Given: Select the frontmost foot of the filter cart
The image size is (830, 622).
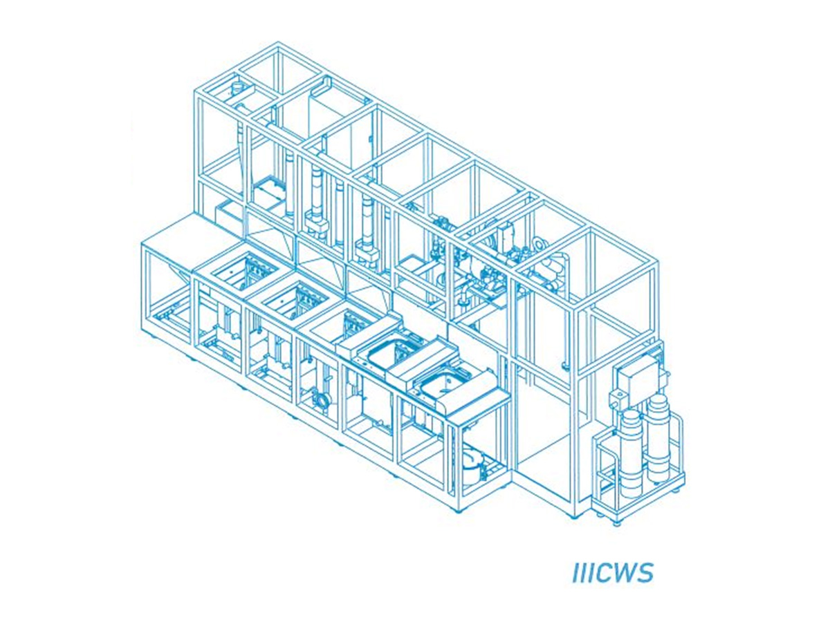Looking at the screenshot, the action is coord(616,522).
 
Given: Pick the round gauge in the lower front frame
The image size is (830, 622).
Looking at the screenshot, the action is coord(322,399).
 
